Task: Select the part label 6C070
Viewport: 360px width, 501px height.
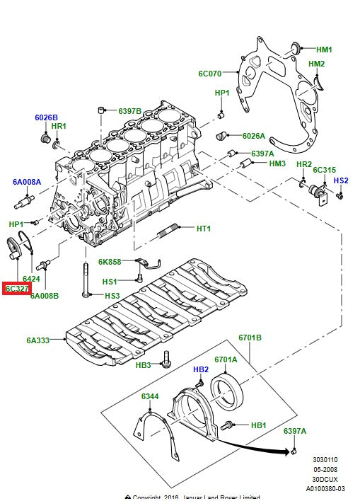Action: point(210,73)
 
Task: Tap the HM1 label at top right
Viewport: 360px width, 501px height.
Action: point(324,50)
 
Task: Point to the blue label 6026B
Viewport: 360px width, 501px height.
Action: point(47,117)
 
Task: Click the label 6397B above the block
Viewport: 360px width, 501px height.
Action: point(129,111)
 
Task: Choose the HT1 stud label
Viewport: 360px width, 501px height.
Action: point(204,229)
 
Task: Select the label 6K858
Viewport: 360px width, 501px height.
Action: point(110,262)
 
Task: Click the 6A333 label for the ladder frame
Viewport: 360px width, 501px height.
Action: point(38,340)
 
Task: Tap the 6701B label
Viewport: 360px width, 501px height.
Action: point(250,338)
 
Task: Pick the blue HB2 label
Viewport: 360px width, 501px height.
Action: point(201,370)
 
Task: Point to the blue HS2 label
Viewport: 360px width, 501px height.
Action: point(341,180)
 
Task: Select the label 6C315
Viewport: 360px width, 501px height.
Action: point(324,170)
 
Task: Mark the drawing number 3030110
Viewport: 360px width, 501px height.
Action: point(327,459)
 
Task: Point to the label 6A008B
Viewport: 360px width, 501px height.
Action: point(44,296)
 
